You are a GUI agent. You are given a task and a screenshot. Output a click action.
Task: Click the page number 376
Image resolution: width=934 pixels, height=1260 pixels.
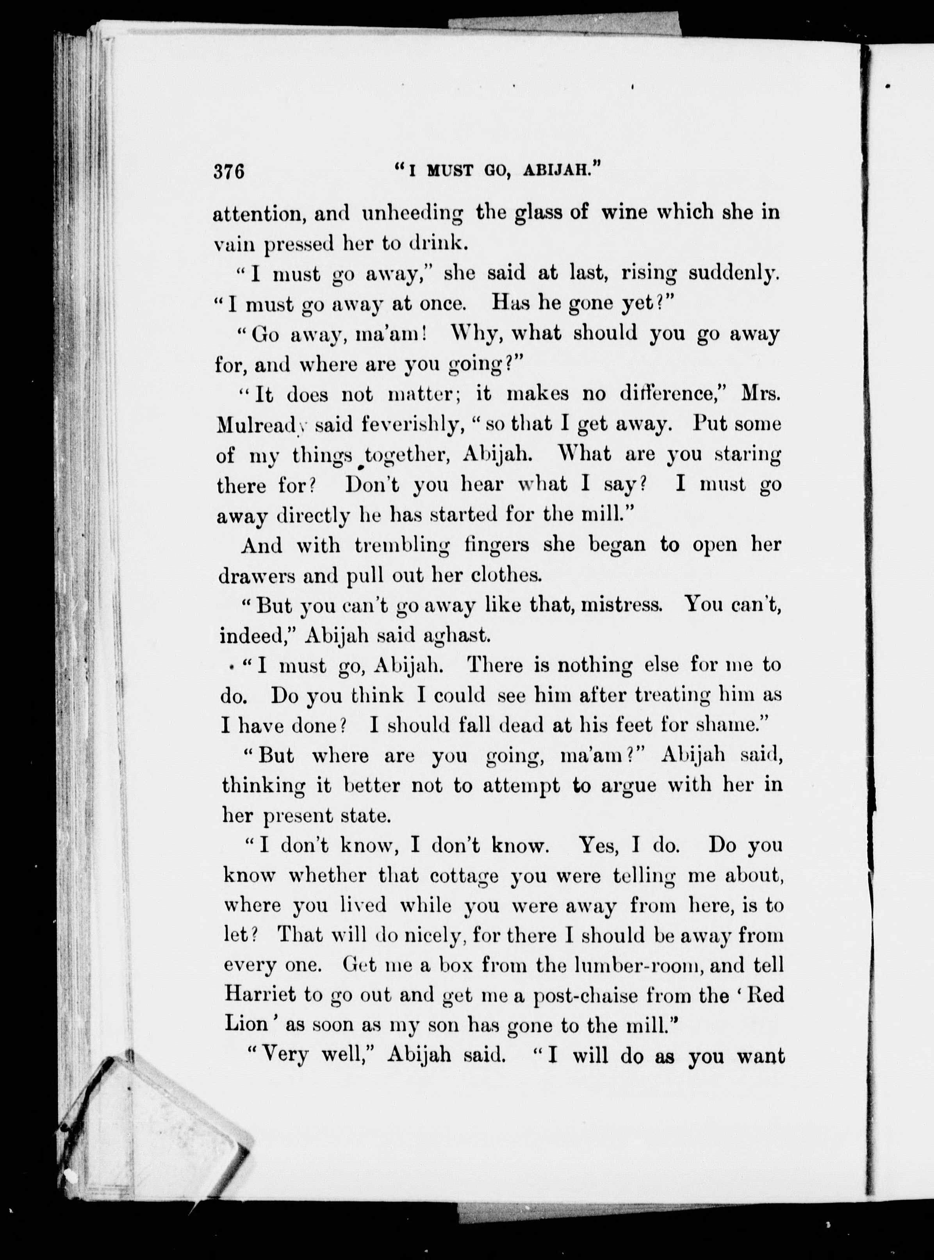(x=229, y=170)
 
